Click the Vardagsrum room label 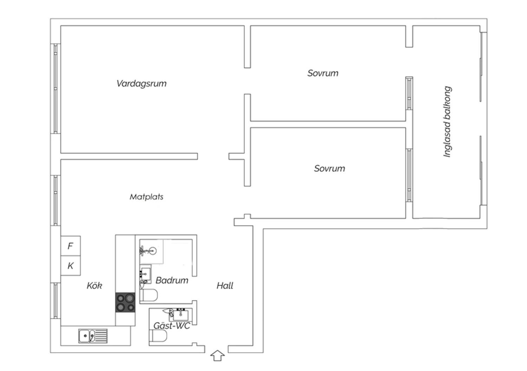[x=141, y=84]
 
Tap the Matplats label [x=147, y=197]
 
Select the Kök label [x=95, y=286]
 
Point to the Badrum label [x=172, y=280]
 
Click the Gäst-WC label [x=172, y=326]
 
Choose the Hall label [x=225, y=286]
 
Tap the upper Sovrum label [x=323, y=73]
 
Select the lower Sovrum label [x=330, y=168]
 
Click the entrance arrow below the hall [x=217, y=356]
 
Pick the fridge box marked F [x=71, y=246]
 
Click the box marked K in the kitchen [x=71, y=266]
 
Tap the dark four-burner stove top [x=125, y=302]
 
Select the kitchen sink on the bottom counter [x=93, y=336]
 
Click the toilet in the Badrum [x=149, y=295]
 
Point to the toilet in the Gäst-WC [x=158, y=336]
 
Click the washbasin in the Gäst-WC [x=181, y=314]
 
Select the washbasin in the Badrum [x=145, y=274]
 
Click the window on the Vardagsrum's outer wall [x=56, y=89]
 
